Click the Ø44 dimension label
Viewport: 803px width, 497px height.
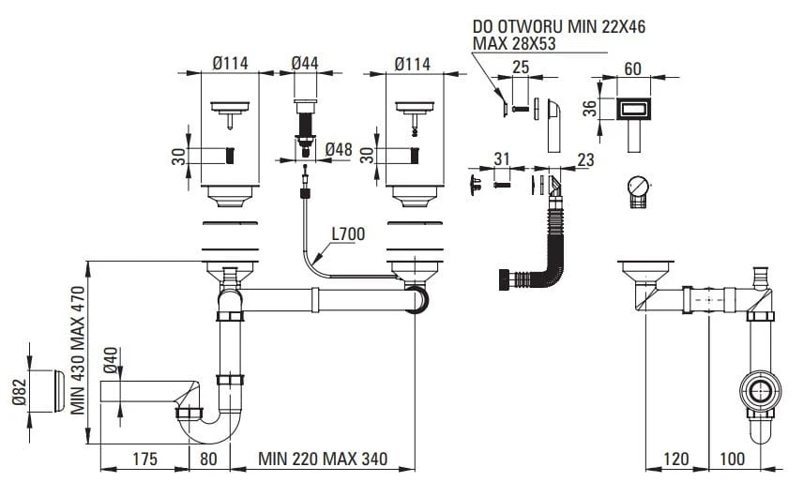point(305,63)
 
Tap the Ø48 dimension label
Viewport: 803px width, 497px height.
point(339,149)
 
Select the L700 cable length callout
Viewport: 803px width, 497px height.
point(348,233)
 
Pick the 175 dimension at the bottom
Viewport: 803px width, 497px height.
point(144,459)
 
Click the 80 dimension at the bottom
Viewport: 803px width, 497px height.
point(208,459)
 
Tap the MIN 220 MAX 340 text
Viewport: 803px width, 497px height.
point(323,459)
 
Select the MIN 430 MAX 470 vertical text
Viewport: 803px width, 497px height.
point(78,350)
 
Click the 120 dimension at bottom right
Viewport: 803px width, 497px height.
point(676,459)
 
